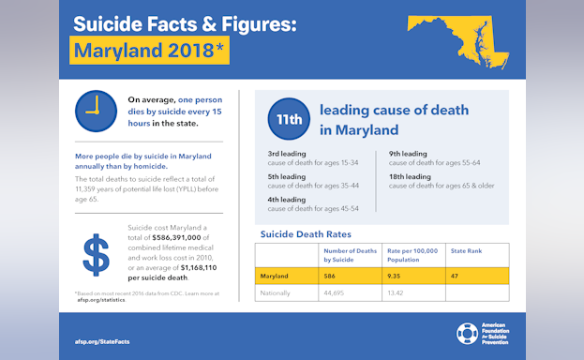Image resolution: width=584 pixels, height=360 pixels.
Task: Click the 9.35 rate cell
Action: coord(396,276)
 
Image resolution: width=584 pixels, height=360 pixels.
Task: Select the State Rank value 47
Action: coord(456,276)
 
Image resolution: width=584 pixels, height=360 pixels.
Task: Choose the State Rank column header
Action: coord(466,250)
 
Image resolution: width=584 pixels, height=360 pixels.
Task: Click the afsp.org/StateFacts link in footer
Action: coord(102,341)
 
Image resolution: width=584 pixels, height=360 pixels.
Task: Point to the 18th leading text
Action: coord(410,176)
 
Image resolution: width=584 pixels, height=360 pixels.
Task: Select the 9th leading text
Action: coord(408,154)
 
